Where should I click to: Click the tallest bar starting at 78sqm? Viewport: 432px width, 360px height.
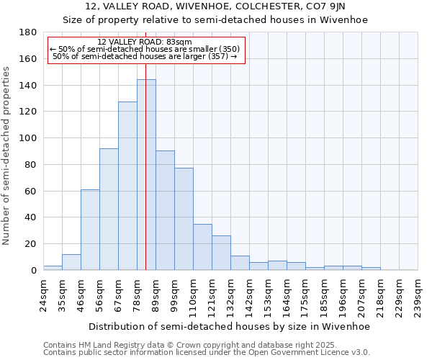146,175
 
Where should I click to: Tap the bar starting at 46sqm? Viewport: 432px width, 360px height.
90,230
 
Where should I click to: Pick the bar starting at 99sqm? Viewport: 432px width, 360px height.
184,219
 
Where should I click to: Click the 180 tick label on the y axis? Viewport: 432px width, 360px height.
27,32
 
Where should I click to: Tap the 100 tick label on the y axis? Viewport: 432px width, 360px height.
27,138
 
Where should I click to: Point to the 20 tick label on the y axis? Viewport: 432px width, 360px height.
30,244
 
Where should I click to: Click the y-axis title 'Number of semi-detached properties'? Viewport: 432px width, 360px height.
7,156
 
